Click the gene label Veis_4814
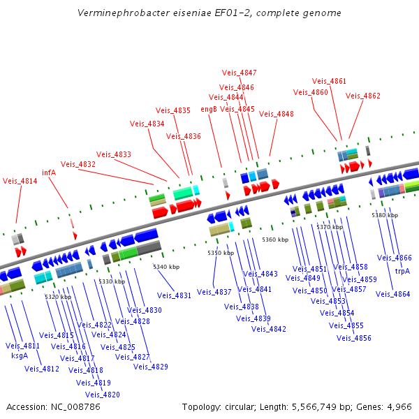click(x=20, y=181)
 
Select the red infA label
click(x=49, y=172)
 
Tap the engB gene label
click(x=209, y=109)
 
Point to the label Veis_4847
click(x=239, y=73)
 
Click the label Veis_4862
click(x=363, y=96)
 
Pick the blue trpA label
click(x=403, y=271)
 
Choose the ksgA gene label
click(x=20, y=355)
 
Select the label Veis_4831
click(x=174, y=295)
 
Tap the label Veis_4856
click(x=354, y=338)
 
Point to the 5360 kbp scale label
click(x=275, y=240)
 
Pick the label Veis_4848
click(x=277, y=114)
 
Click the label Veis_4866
click(x=395, y=258)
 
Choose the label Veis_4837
click(x=214, y=291)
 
